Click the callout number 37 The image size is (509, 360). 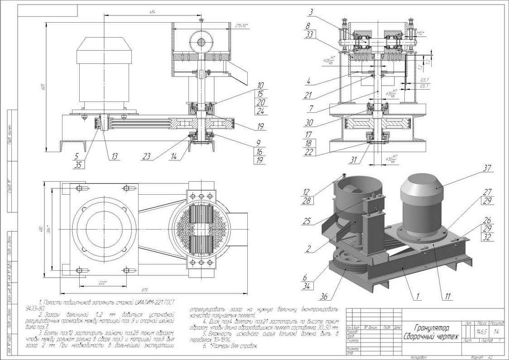pyautogui.click(x=487, y=168)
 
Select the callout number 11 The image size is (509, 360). pyautogui.click(x=447, y=297)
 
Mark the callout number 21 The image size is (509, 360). pyautogui.click(x=307, y=95)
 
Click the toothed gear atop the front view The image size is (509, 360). pyautogui.click(x=202, y=42)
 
